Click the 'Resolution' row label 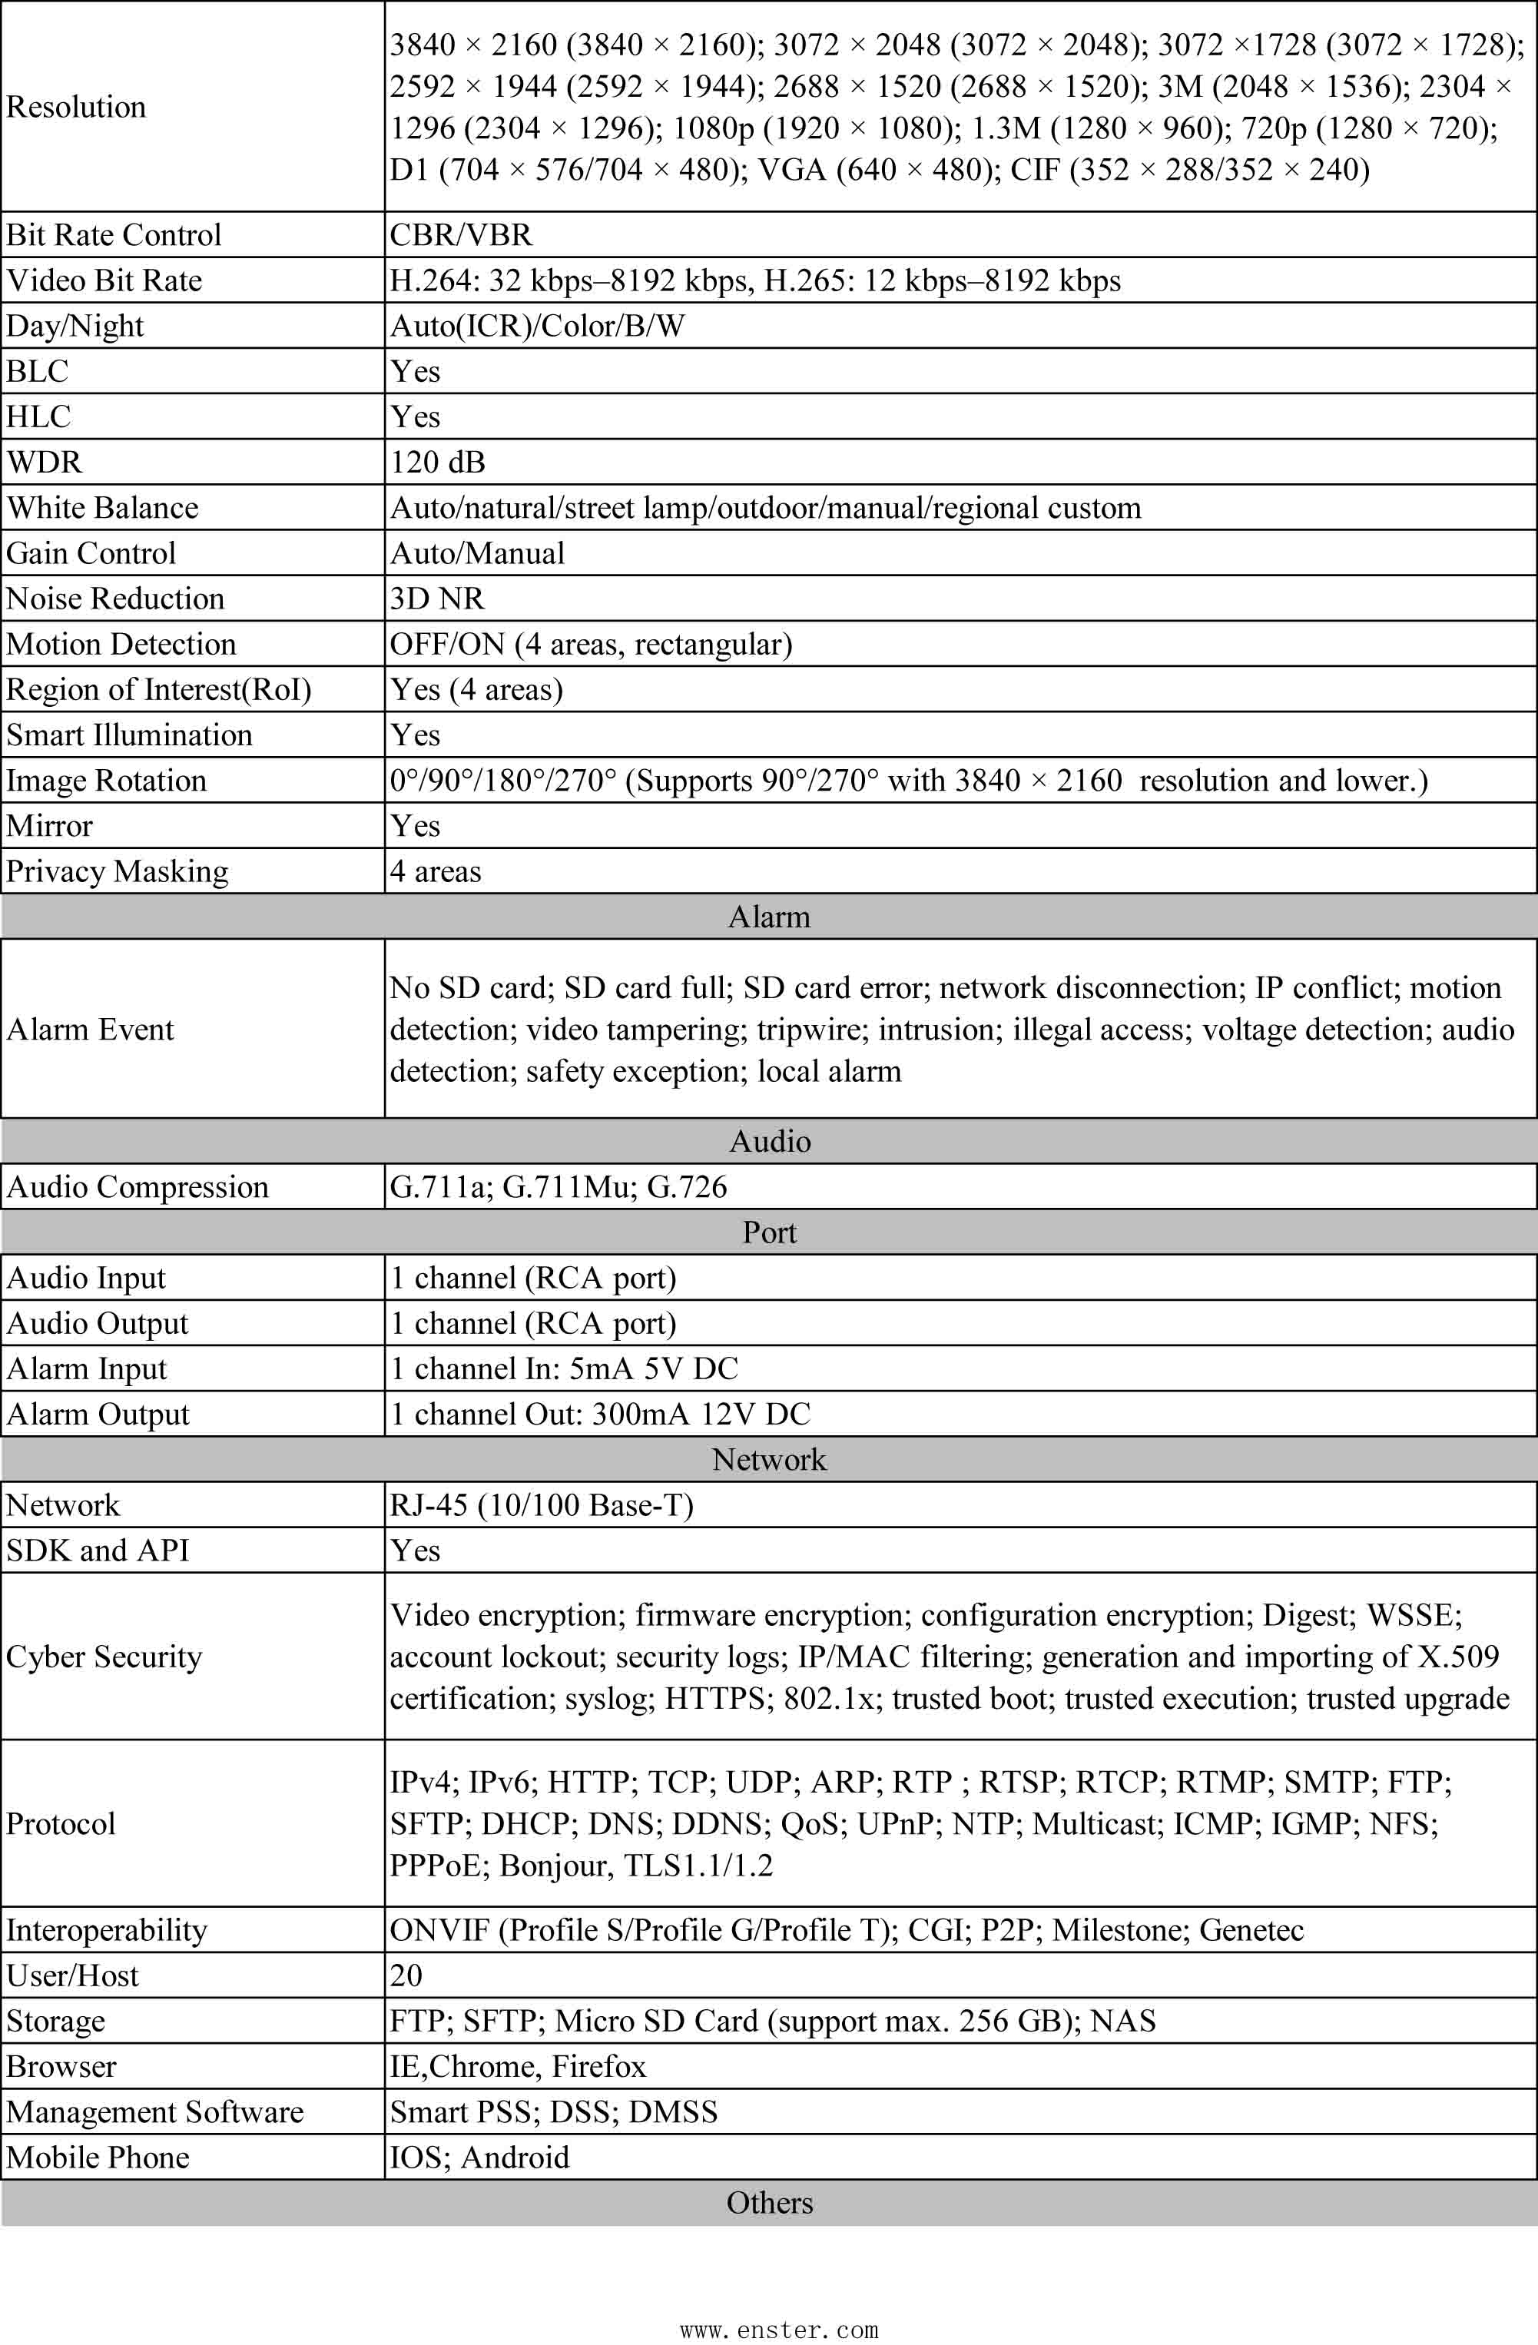click(76, 106)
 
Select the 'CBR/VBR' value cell click(461, 234)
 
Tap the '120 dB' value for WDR click(437, 462)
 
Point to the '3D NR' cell click(437, 598)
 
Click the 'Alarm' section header click(768, 917)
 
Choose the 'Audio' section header click(768, 1141)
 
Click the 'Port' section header click(768, 1232)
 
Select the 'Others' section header click(768, 2202)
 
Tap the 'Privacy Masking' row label click(118, 872)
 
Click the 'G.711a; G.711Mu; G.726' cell click(559, 1187)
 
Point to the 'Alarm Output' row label click(98, 1415)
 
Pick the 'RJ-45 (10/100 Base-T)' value click(542, 1505)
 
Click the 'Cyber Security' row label click(104, 1657)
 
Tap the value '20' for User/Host click(406, 1975)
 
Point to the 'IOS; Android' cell click(480, 2157)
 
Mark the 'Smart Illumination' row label click(129, 735)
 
